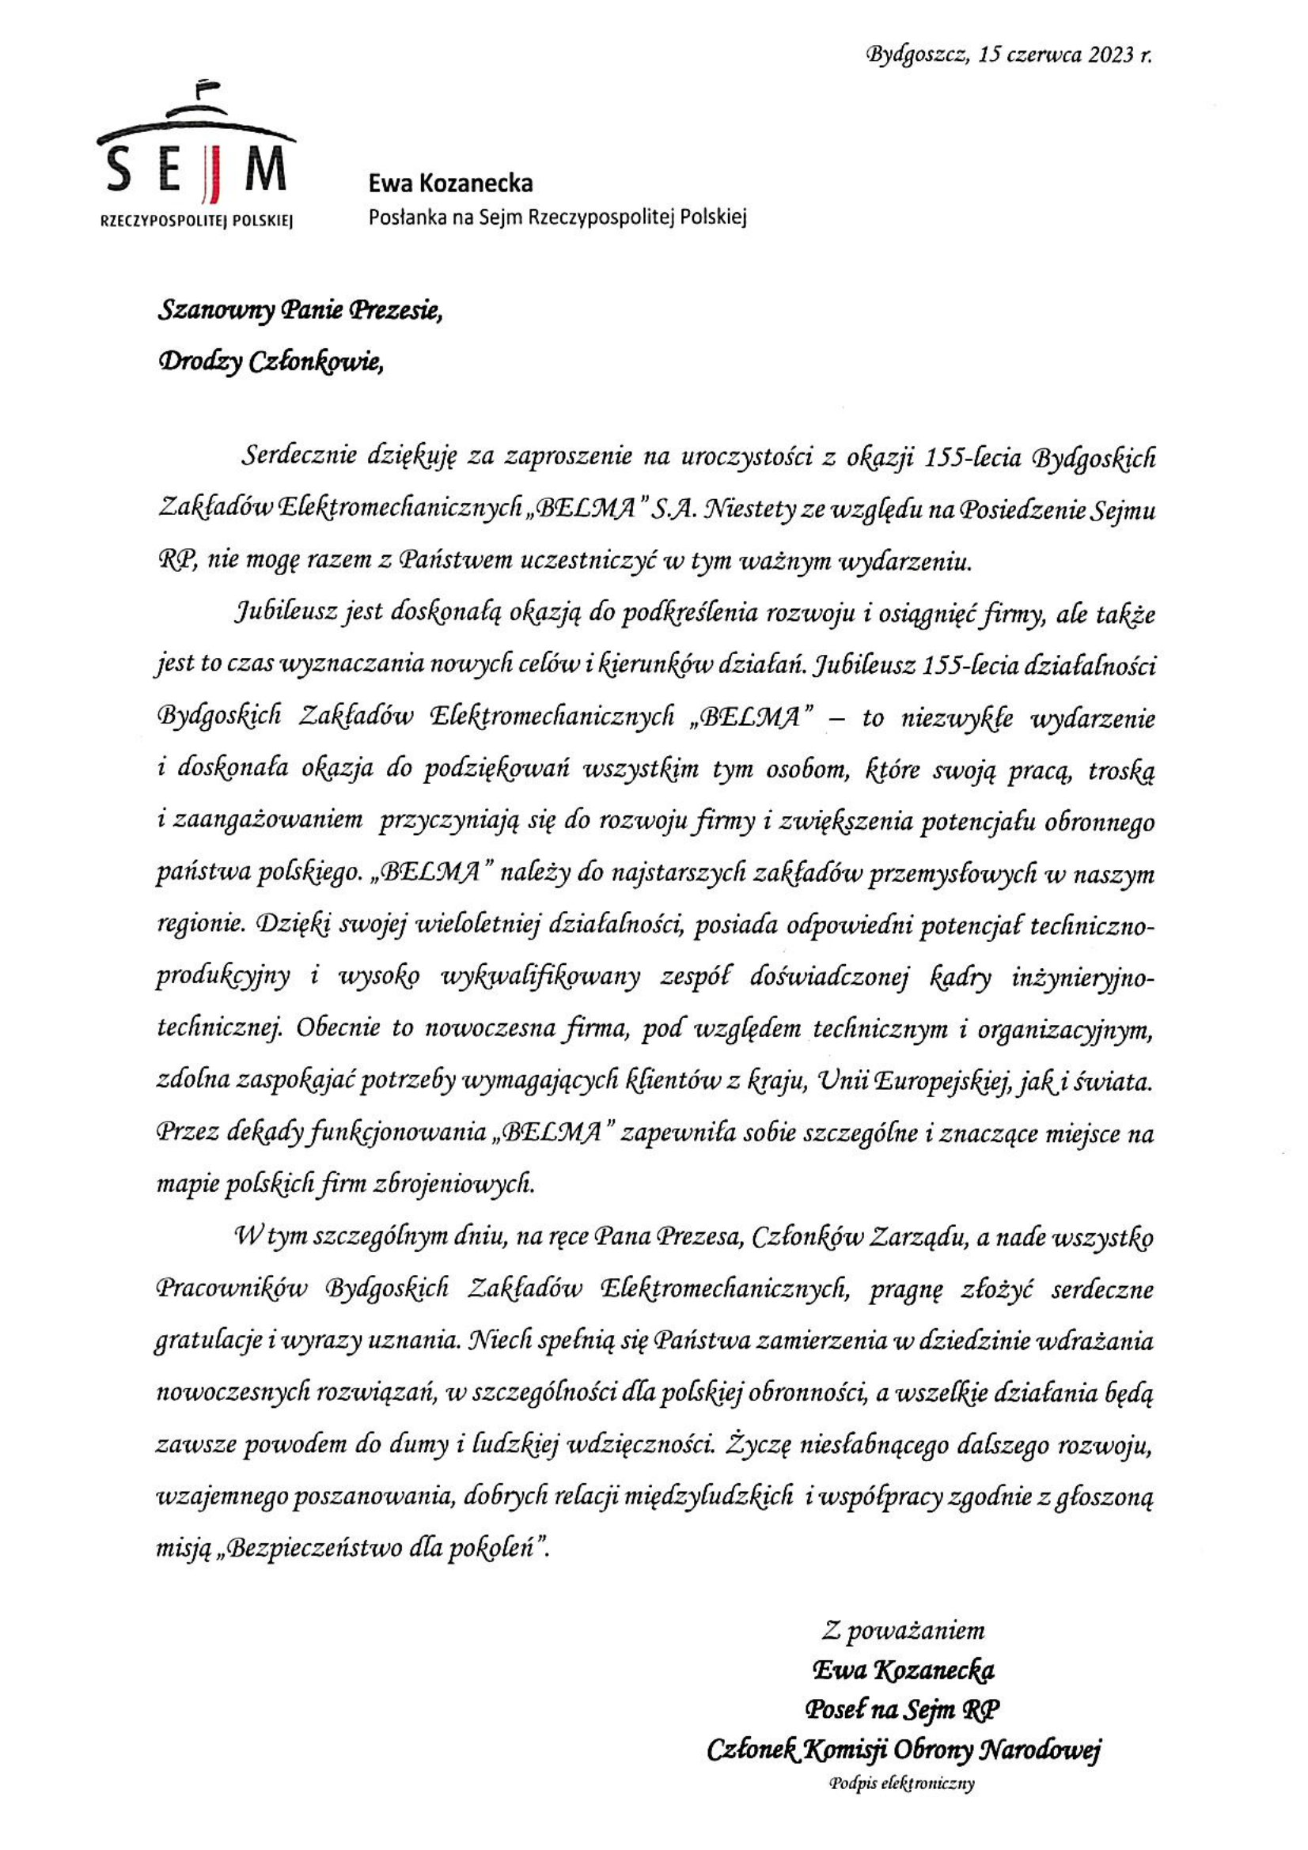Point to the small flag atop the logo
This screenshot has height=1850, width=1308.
pyautogui.click(x=207, y=83)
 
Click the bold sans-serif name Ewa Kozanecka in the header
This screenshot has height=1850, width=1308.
pyautogui.click(x=449, y=183)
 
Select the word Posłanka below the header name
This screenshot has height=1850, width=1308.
pyautogui.click(x=402, y=216)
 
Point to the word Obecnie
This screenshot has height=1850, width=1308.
pyautogui.click(x=339, y=1029)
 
